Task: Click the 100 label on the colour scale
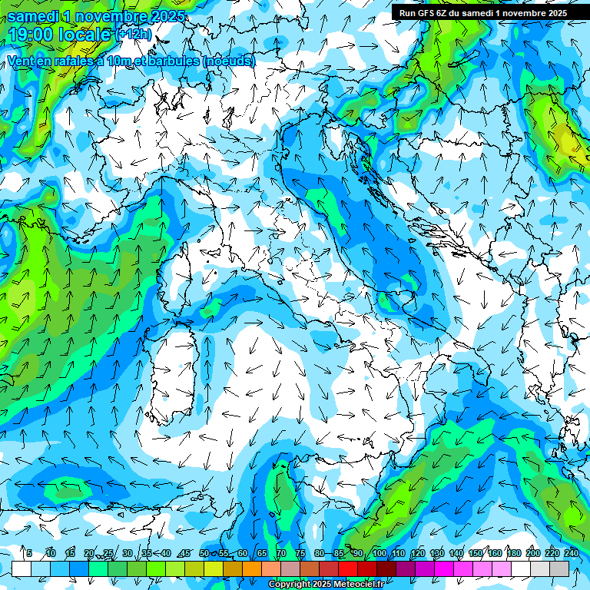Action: click(x=380, y=553)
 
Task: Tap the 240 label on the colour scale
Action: click(x=571, y=553)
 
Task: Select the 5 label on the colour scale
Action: click(x=29, y=553)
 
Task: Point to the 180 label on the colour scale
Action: click(x=512, y=553)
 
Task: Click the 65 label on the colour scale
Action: click(x=262, y=553)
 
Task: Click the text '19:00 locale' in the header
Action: click(x=60, y=35)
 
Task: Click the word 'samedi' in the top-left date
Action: click(x=35, y=16)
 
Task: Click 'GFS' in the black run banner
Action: click(x=426, y=12)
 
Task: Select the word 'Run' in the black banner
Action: click(x=407, y=12)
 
